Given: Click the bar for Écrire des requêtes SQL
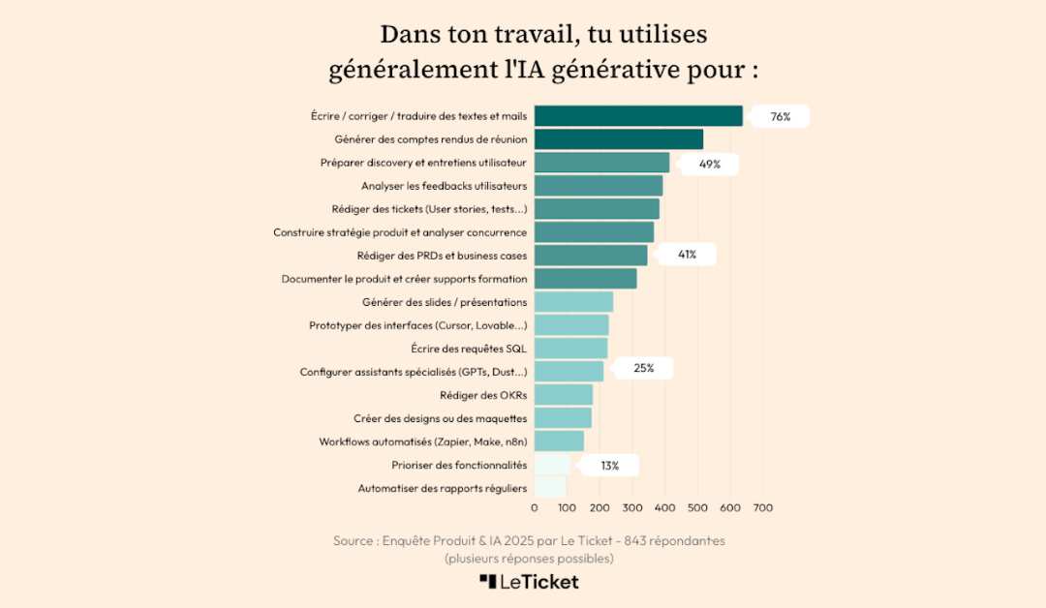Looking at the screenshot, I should coord(570,349).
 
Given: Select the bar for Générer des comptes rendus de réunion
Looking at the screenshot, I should coord(618,139).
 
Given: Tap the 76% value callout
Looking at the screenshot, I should coord(780,117).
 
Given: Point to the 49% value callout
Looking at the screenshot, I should coord(710,164).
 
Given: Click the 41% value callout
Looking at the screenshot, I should coord(687,255).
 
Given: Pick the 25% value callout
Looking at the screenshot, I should coord(643,368).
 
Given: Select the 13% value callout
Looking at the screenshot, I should coord(609,466).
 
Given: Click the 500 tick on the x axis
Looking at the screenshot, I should coord(697,507).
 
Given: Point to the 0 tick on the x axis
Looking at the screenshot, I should coord(535,507).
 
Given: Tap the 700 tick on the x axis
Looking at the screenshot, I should coord(762,507).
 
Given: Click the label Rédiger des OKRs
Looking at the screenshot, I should coord(483,395).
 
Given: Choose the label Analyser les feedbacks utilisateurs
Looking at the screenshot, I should coord(444,186).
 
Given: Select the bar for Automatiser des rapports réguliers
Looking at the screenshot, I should coord(550,488).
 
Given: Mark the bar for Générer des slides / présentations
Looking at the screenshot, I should coord(573,302).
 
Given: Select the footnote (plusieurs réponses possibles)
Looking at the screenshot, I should coord(529,559).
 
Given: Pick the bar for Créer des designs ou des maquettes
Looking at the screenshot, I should coord(563,418).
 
